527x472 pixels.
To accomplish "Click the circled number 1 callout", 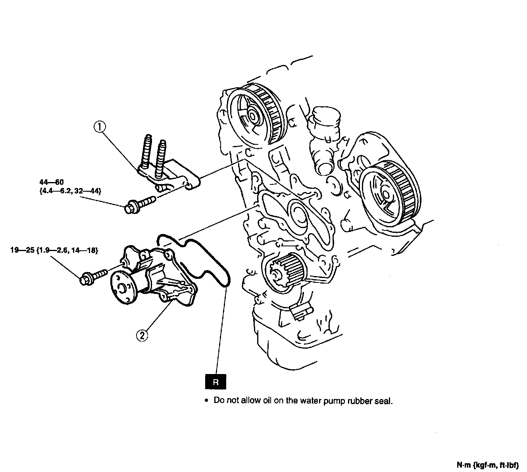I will pos(100,127).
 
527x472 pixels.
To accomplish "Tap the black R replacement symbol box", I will pos(216,382).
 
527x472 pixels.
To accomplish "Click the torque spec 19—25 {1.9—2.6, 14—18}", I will pos(54,250).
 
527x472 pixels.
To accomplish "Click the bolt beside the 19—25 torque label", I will pos(94,276).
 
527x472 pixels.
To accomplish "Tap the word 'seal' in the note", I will pos(384,401).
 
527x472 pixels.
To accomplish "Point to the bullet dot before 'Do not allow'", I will pos(206,401).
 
